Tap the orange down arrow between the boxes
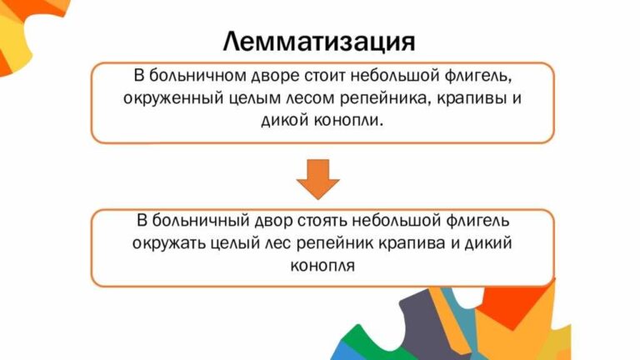(x=319, y=177)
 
